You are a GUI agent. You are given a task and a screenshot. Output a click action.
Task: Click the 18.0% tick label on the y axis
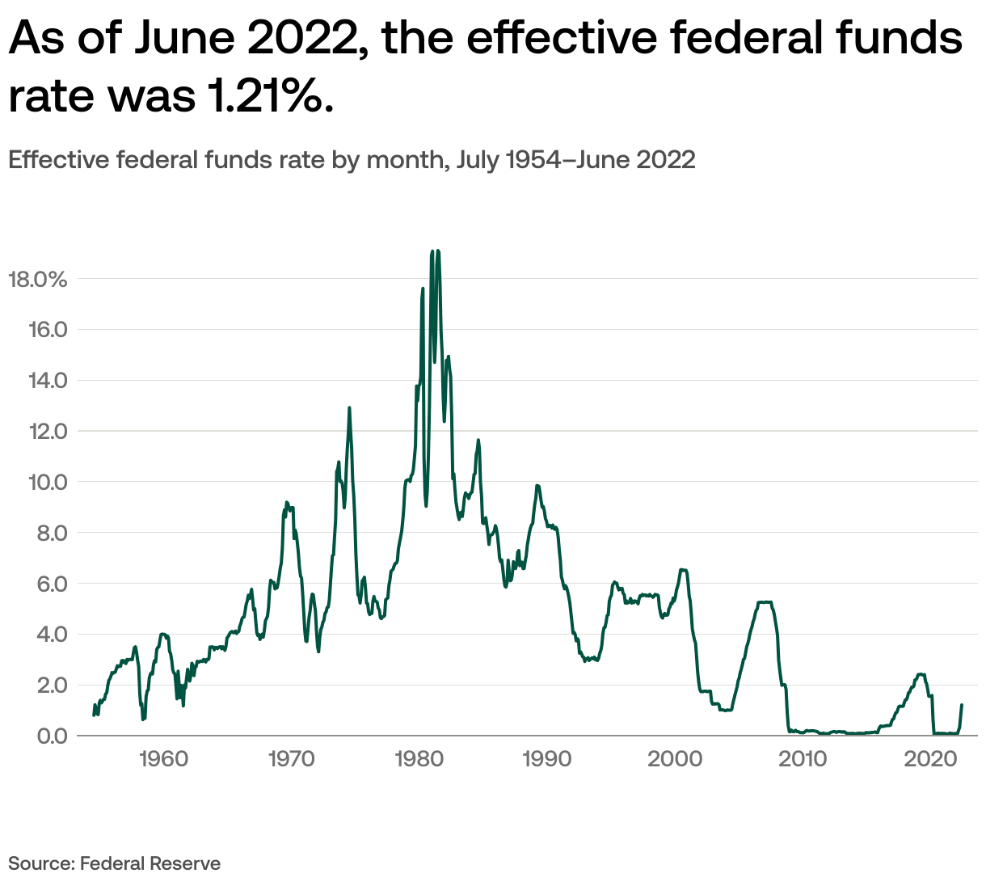(x=37, y=280)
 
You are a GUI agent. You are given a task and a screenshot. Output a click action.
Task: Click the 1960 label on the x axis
(x=163, y=759)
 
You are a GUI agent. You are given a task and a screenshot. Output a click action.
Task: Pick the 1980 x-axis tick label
(x=419, y=759)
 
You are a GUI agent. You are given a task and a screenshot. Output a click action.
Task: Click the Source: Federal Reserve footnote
(x=114, y=863)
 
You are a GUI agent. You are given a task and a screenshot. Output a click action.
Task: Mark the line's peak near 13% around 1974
(x=349, y=408)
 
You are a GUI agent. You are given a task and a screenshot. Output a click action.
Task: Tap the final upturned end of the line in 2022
(x=962, y=706)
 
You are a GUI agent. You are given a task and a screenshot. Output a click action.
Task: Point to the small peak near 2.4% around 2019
(x=921, y=674)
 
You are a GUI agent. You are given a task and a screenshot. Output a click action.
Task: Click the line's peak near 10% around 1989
(x=537, y=486)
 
